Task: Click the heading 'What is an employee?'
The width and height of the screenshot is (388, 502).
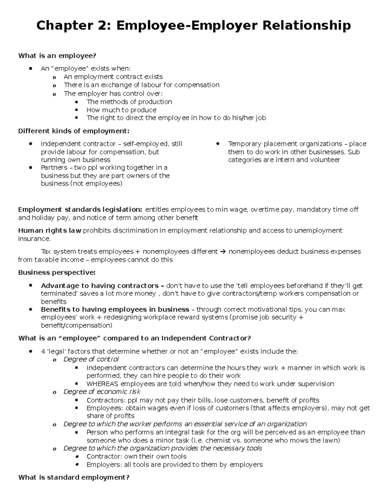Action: pyautogui.click(x=57, y=56)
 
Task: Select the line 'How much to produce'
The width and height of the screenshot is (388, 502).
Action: pyautogui.click(x=121, y=110)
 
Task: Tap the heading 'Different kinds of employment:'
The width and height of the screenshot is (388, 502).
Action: pyautogui.click(x=73, y=131)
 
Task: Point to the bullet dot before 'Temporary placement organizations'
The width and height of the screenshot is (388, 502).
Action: pyautogui.click(x=218, y=144)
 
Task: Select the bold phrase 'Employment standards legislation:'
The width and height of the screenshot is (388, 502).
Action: pyautogui.click(x=80, y=209)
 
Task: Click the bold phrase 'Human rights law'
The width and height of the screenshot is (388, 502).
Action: pyautogui.click(x=50, y=230)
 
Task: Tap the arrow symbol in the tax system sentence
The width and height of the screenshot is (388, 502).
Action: pyautogui.click(x=223, y=251)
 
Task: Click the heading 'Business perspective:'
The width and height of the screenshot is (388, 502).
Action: pyautogui.click(x=57, y=272)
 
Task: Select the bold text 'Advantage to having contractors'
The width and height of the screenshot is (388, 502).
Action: pyautogui.click(x=100, y=286)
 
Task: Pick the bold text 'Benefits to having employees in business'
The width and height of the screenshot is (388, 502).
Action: pyautogui.click(x=115, y=310)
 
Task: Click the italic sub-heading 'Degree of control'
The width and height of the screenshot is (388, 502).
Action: pyautogui.click(x=91, y=359)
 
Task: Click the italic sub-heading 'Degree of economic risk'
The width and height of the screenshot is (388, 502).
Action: pyautogui.click(x=102, y=392)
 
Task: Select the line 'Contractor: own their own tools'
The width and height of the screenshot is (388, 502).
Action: pyautogui.click(x=136, y=456)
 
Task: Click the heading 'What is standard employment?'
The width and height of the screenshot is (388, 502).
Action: pyautogui.click(x=74, y=477)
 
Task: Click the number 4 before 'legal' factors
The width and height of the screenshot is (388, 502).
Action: pyautogui.click(x=43, y=351)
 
